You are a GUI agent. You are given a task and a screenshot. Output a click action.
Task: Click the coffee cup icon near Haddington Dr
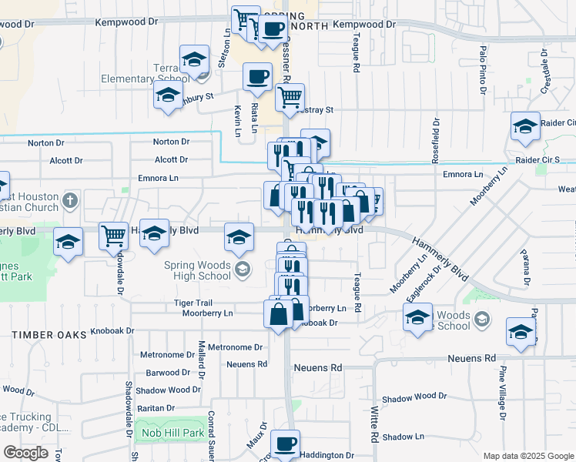point(286,444)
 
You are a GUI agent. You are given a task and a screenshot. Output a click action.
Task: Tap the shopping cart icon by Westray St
point(290,97)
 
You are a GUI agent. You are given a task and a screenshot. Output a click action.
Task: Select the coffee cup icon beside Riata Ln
point(258,76)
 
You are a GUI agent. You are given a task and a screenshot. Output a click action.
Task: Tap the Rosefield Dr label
point(436,141)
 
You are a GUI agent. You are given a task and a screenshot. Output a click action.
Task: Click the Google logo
point(26,453)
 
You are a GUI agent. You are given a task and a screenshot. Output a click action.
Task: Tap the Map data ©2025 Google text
point(527,456)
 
